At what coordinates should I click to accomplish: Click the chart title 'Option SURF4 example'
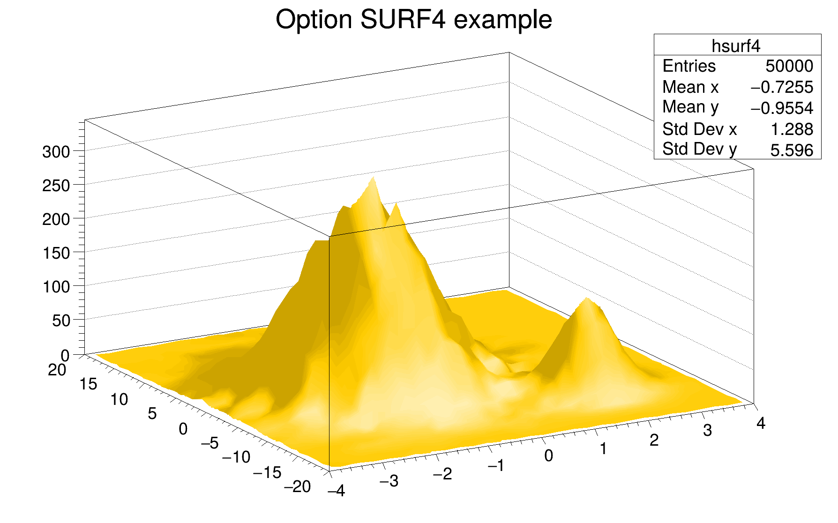pyautogui.click(x=414, y=20)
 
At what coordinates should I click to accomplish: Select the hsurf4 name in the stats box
pyautogui.click(x=736, y=46)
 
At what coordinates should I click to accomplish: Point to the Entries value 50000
pyautogui.click(x=789, y=66)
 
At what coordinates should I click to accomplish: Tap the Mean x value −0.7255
pyautogui.click(x=782, y=87)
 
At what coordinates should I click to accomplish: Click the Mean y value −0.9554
pyautogui.click(x=782, y=108)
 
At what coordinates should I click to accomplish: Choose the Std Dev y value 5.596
pyautogui.click(x=792, y=150)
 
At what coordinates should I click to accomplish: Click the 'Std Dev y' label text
pyautogui.click(x=699, y=149)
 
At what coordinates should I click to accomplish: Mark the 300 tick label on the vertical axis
pyautogui.click(x=56, y=152)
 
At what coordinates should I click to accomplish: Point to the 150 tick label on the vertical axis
pyautogui.click(x=56, y=253)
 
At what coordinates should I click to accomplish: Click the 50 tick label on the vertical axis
pyautogui.click(x=60, y=321)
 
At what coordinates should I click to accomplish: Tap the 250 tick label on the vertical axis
pyautogui.click(x=56, y=186)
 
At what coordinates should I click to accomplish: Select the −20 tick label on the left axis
pyautogui.click(x=298, y=487)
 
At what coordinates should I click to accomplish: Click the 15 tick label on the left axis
pyautogui.click(x=88, y=384)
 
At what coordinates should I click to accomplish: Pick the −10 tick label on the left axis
pyautogui.click(x=236, y=457)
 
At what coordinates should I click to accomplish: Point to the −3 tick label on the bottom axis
pyautogui.click(x=389, y=481)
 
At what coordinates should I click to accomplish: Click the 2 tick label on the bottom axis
pyautogui.click(x=654, y=440)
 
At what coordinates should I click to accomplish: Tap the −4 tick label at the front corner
pyautogui.click(x=336, y=491)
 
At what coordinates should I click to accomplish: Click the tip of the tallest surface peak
pyautogui.click(x=374, y=178)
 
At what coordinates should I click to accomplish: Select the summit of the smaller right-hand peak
pyautogui.click(x=586, y=299)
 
